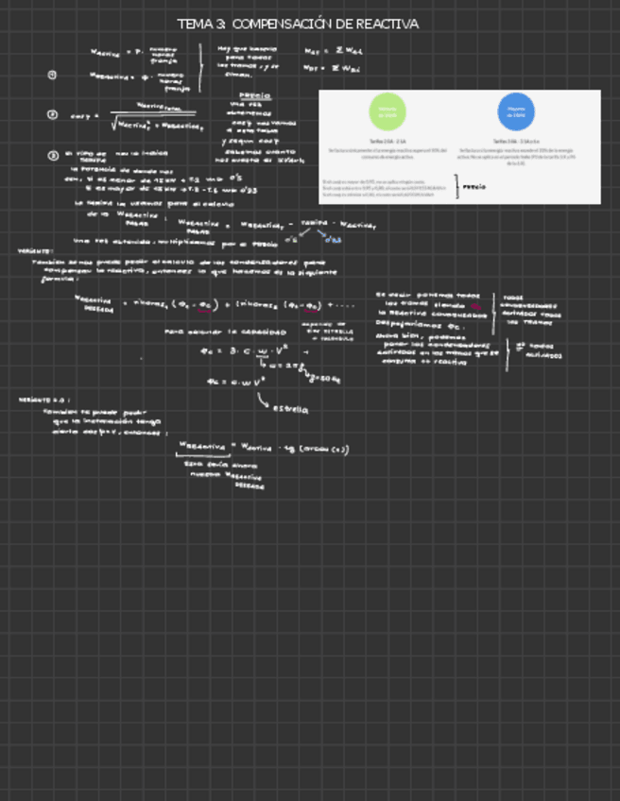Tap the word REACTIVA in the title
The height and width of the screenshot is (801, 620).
click(x=386, y=24)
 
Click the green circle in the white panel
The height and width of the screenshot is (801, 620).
click(x=387, y=111)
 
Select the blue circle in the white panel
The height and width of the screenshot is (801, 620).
click(x=516, y=111)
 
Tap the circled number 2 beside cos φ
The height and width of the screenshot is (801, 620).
click(x=52, y=114)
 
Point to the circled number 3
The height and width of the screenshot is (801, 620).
click(x=52, y=155)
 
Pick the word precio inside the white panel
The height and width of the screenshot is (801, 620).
click(x=474, y=187)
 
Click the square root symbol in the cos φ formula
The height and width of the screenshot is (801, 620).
click(x=113, y=123)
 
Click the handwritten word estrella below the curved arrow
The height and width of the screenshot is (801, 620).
click(x=290, y=411)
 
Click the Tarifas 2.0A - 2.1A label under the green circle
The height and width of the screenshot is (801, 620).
click(x=387, y=140)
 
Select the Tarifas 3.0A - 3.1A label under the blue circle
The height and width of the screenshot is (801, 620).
click(x=516, y=140)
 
